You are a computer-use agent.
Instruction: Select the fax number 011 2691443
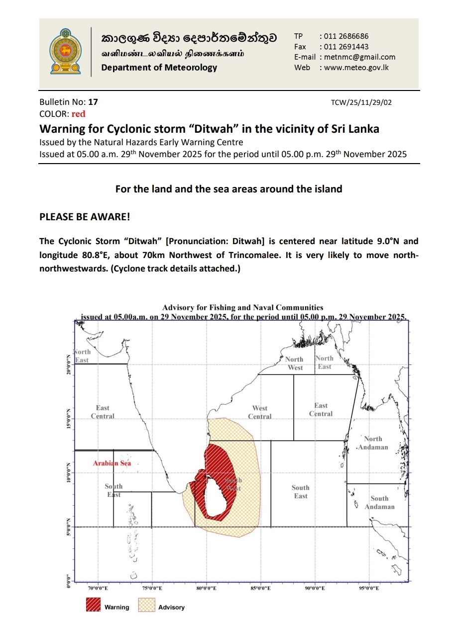pyautogui.click(x=346, y=47)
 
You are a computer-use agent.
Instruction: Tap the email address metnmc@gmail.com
pyautogui.click(x=360, y=57)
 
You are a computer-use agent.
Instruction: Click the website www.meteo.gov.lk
pyautogui.click(x=356, y=68)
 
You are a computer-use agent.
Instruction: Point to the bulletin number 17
pyautogui.click(x=93, y=102)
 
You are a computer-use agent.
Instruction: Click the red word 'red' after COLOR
pyautogui.click(x=79, y=114)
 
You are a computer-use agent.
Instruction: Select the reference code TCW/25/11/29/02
pyautogui.click(x=361, y=103)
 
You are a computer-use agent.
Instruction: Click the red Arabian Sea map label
pyautogui.click(x=112, y=463)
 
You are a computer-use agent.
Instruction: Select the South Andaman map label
pyautogui.click(x=379, y=503)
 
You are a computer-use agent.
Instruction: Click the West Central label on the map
pyautogui.click(x=260, y=412)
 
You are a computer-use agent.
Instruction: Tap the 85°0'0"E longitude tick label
pyautogui.click(x=261, y=588)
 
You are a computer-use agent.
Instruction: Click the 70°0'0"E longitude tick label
pyautogui.click(x=98, y=588)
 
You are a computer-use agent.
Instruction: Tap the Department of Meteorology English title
pyautogui.click(x=159, y=68)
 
